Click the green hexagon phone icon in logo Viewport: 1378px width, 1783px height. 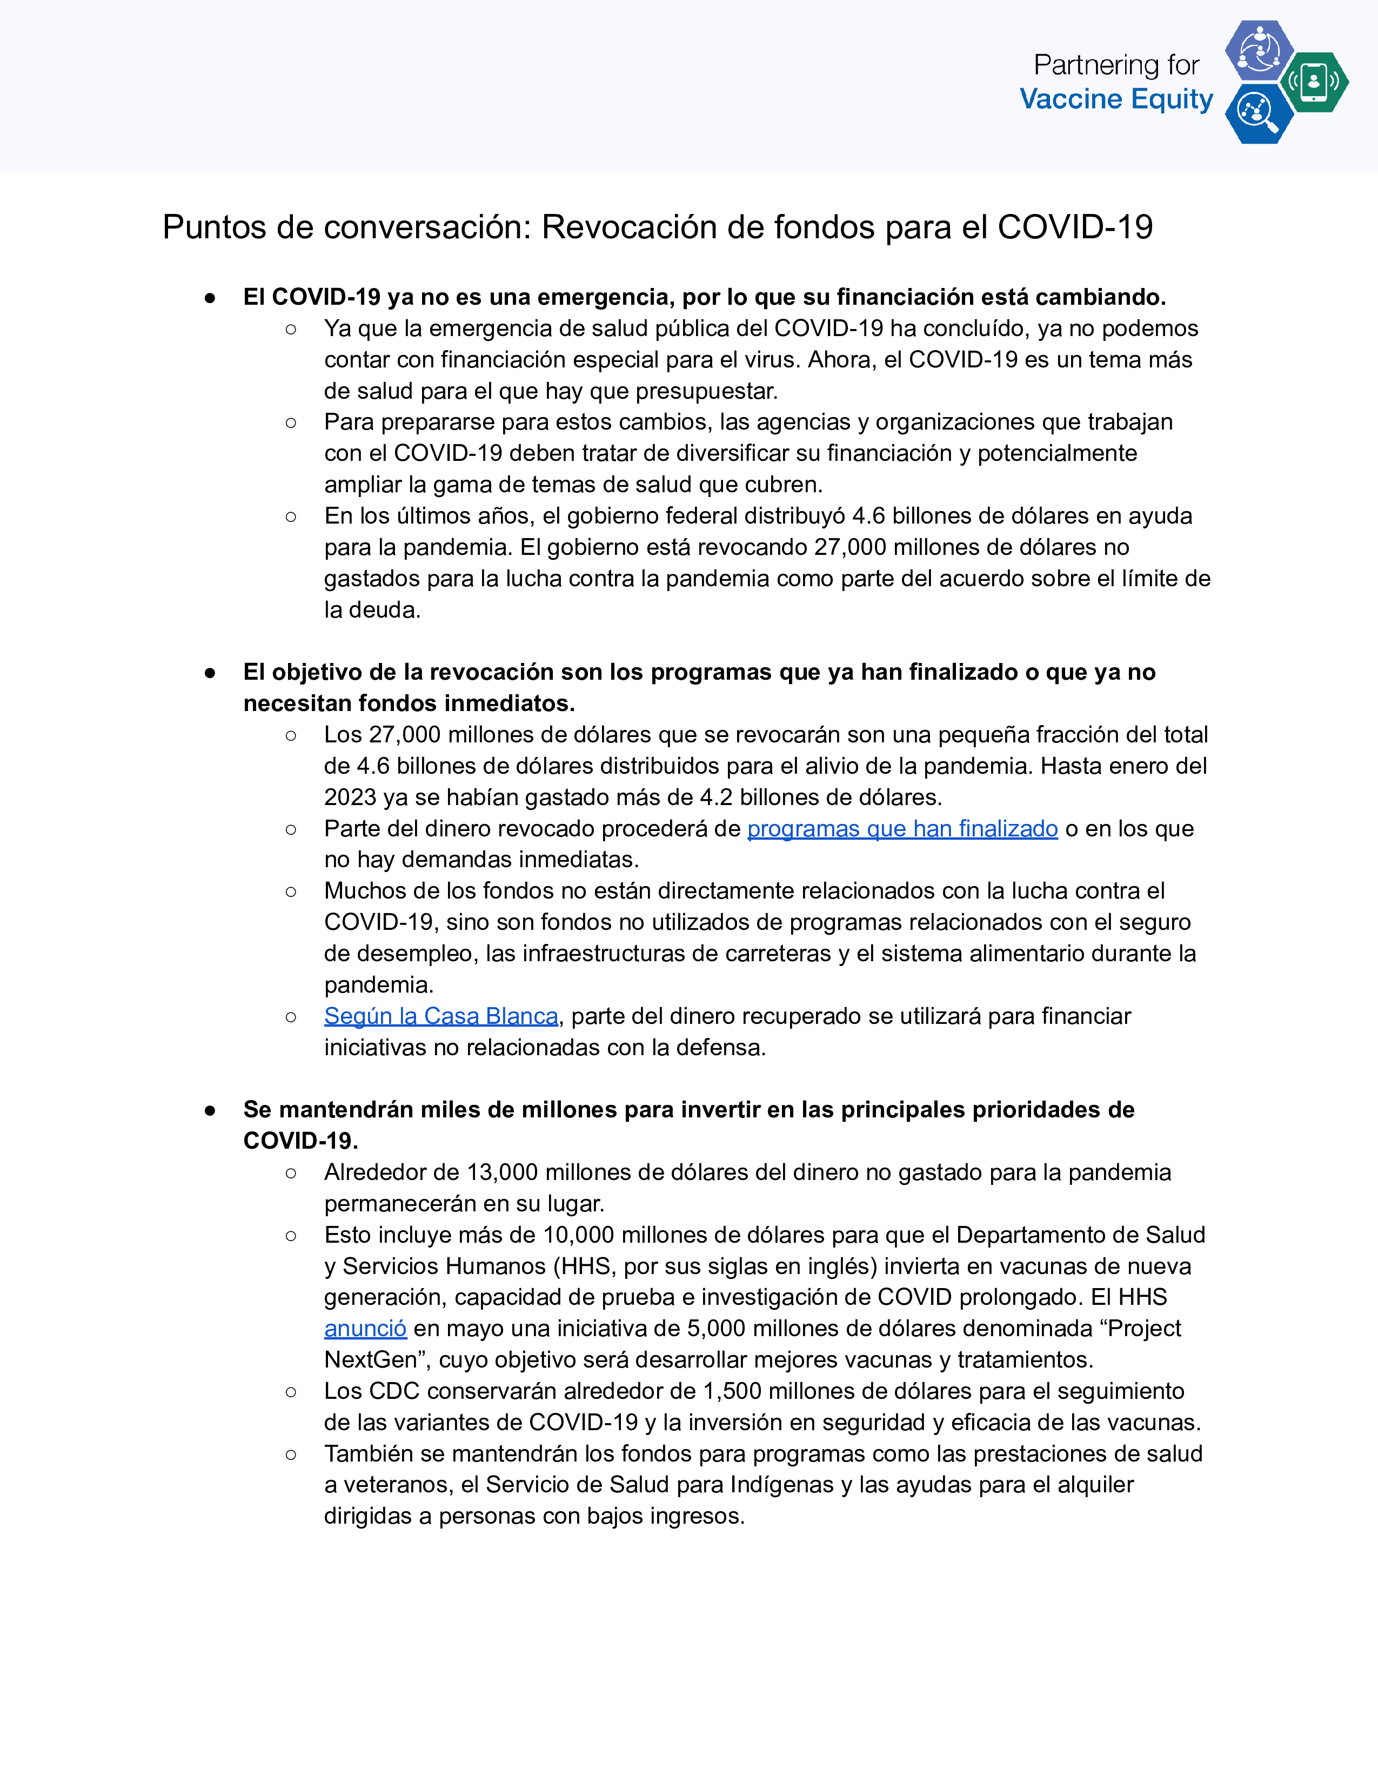pos(1314,82)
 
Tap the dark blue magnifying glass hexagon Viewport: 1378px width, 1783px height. pos(1258,113)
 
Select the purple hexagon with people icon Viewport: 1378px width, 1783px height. pos(1259,50)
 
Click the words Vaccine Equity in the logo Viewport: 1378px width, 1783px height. pos(1116,99)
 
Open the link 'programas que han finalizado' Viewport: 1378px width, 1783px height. pos(902,829)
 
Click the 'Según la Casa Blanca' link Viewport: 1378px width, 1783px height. pos(441,1016)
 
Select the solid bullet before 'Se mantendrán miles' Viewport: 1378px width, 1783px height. pos(210,1110)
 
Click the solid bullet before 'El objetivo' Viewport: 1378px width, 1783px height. pos(210,673)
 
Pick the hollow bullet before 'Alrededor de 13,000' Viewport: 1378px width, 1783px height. pos(291,1173)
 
